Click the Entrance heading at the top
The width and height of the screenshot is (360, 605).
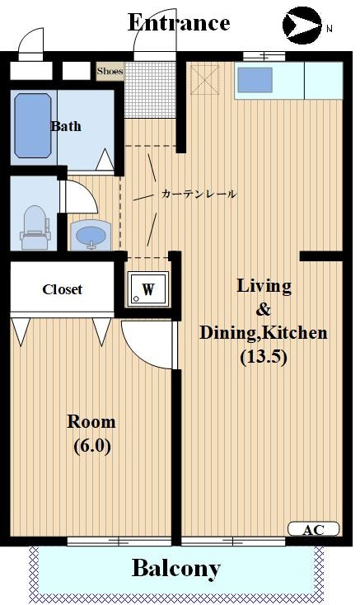pos(178,22)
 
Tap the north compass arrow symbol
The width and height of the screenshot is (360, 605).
pos(301,25)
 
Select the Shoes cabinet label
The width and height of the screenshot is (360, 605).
pos(110,71)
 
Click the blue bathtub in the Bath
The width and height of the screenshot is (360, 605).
pos(33,126)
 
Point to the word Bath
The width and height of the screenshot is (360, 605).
pos(66,126)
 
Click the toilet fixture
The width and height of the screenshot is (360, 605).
pos(34,225)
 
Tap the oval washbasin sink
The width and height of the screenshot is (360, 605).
pos(90,236)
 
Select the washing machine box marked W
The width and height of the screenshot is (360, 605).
pos(148,289)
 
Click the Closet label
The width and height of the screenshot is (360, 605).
pos(63,289)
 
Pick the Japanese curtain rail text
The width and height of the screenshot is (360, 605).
pos(199,195)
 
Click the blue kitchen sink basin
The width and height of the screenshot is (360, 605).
pos(255,80)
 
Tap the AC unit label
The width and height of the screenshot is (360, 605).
pos(313,529)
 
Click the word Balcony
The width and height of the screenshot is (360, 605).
pos(176,568)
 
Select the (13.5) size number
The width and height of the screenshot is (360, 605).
pos(263,357)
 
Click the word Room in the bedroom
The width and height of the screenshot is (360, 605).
pos(91,422)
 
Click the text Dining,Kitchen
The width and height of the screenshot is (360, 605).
pos(263,333)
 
